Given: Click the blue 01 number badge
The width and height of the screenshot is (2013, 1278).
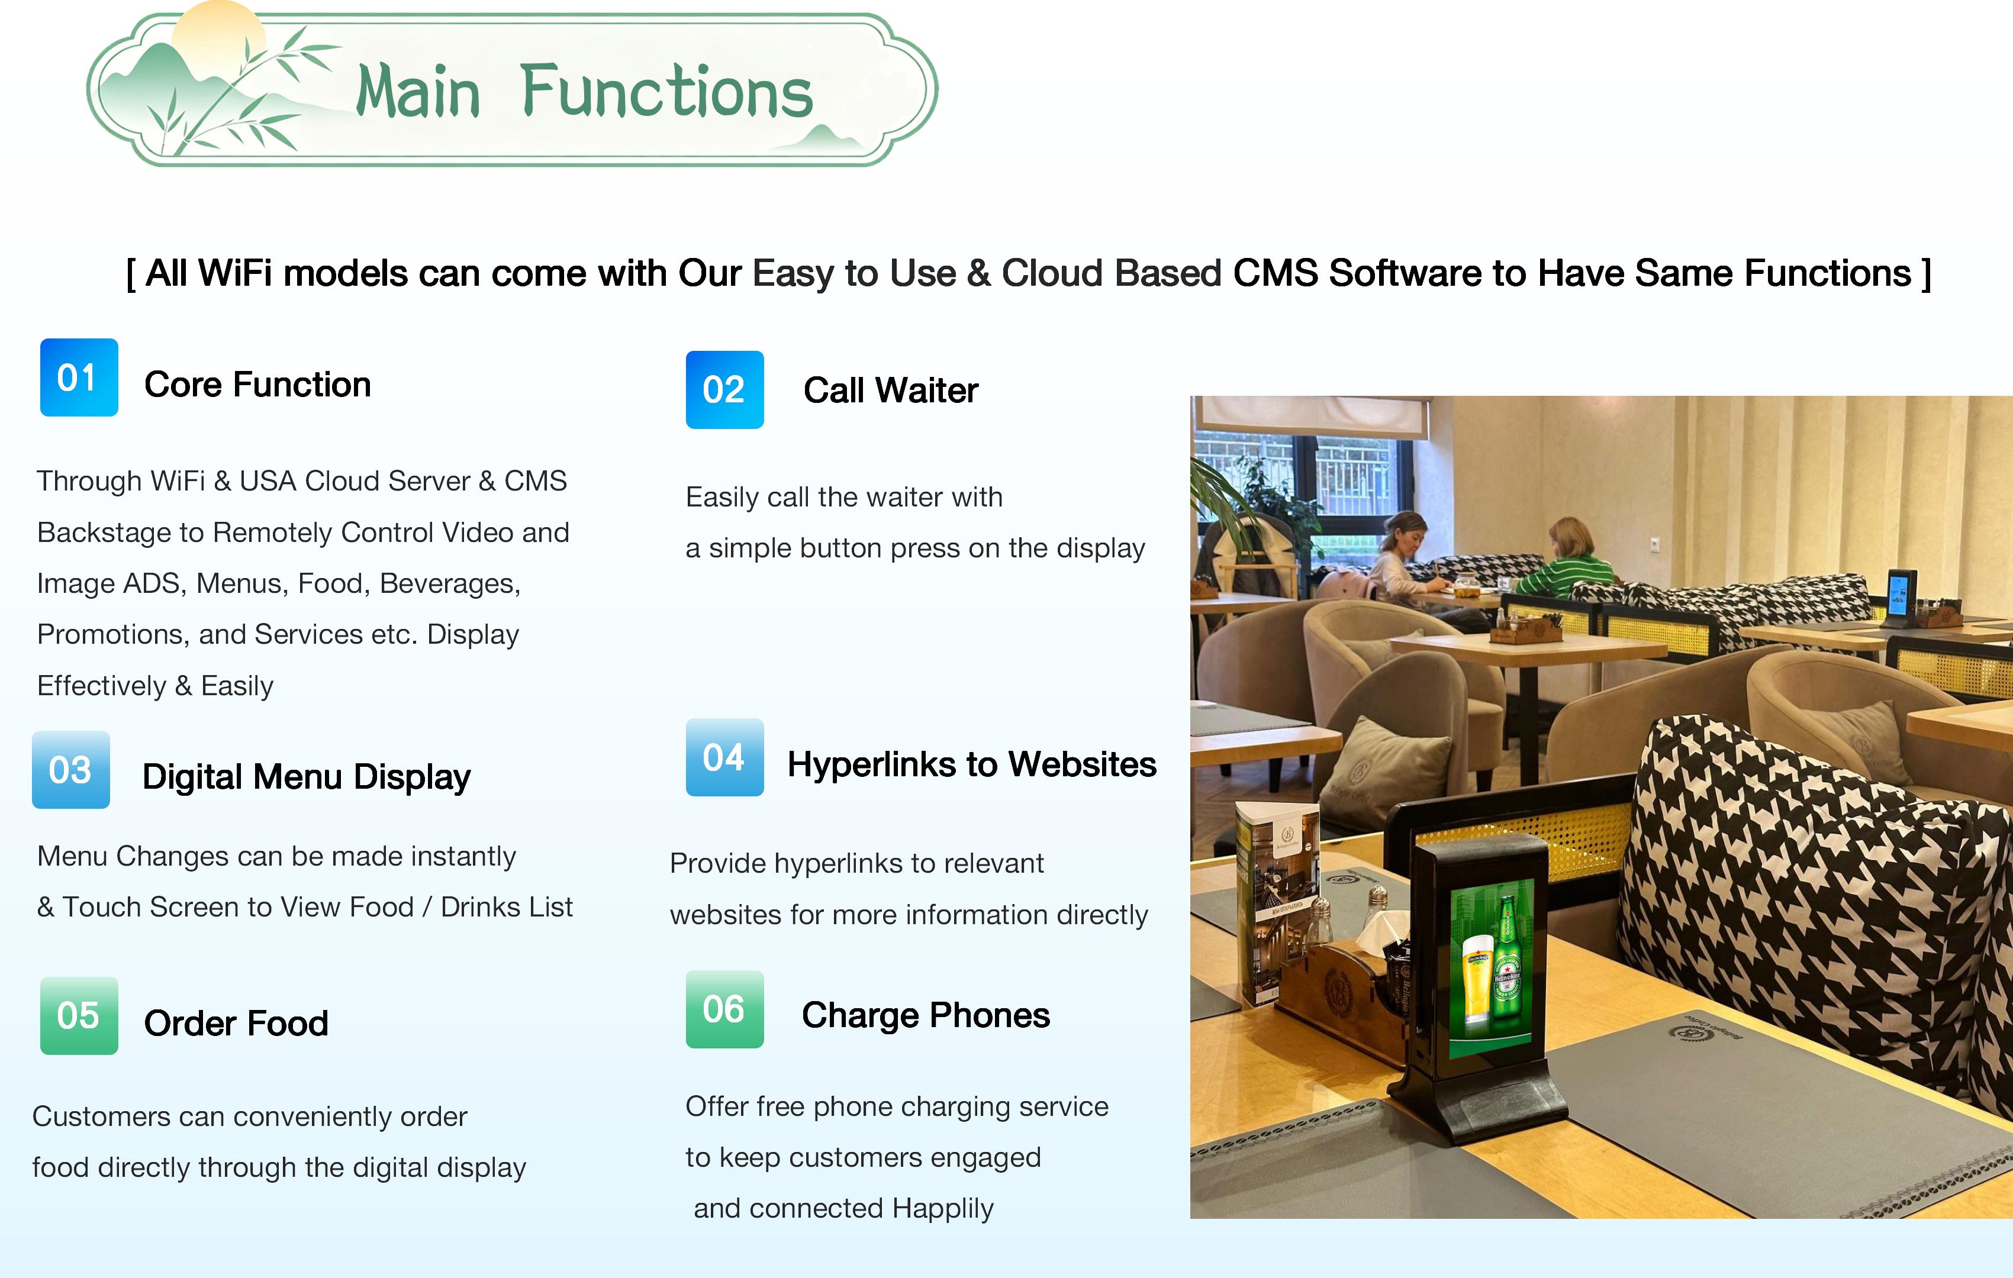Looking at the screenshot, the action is [x=79, y=377].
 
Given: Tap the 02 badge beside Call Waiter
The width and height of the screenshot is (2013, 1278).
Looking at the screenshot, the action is [x=725, y=389].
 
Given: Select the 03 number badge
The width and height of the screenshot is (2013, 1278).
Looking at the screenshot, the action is [x=71, y=770].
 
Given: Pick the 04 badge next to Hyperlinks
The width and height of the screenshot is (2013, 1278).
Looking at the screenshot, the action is [x=725, y=757].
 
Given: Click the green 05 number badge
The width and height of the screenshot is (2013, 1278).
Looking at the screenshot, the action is [x=79, y=1015].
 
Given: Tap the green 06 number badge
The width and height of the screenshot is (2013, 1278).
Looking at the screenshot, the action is [x=725, y=1009].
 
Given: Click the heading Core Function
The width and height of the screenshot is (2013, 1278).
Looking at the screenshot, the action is [x=257, y=385].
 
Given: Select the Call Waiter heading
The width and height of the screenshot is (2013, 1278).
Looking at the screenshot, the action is [x=890, y=390].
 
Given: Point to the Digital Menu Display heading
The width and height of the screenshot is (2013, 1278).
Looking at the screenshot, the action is [x=306, y=777].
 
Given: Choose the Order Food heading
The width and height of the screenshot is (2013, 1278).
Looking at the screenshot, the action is [x=236, y=1023].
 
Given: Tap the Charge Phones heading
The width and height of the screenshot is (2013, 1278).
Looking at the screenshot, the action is [x=925, y=1015].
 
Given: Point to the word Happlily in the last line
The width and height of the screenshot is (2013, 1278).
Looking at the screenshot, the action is [x=943, y=1209].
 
